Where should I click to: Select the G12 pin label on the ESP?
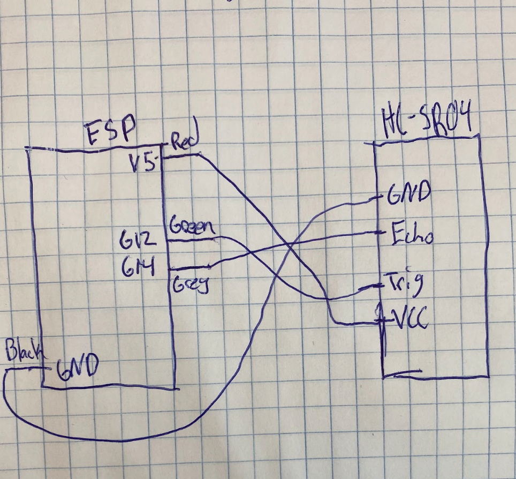click(139, 238)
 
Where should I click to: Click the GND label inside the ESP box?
click(78, 368)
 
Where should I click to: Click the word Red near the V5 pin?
click(184, 141)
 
